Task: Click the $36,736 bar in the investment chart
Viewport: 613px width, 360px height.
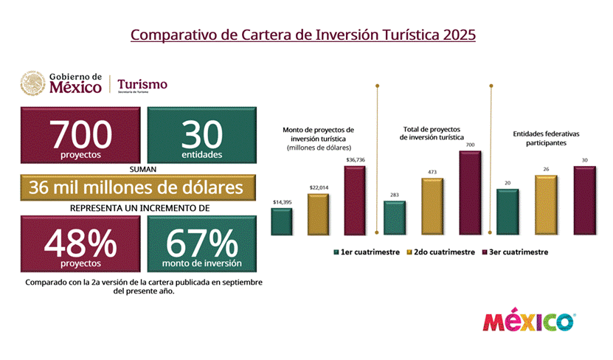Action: pyautogui.click(x=354, y=201)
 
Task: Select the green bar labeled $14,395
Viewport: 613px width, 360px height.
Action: pyautogui.click(x=281, y=221)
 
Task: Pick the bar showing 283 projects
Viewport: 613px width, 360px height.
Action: pyautogui.click(x=395, y=218)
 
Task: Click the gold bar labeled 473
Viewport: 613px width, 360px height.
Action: pyautogui.click(x=432, y=207)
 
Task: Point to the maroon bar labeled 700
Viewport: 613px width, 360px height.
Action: pyautogui.click(x=470, y=193)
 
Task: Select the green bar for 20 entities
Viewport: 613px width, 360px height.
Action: pyautogui.click(x=508, y=212)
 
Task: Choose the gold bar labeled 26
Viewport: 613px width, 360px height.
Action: pyautogui.click(x=546, y=206)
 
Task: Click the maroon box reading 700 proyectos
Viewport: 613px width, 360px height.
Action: pyautogui.click(x=82, y=137)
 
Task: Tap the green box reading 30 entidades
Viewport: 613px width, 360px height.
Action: pyautogui.click(x=202, y=137)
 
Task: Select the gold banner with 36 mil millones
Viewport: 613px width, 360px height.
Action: pyautogui.click(x=139, y=187)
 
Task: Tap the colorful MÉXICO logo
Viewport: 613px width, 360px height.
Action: pyautogui.click(x=529, y=322)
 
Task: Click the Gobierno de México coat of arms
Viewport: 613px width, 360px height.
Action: pyautogui.click(x=32, y=83)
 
